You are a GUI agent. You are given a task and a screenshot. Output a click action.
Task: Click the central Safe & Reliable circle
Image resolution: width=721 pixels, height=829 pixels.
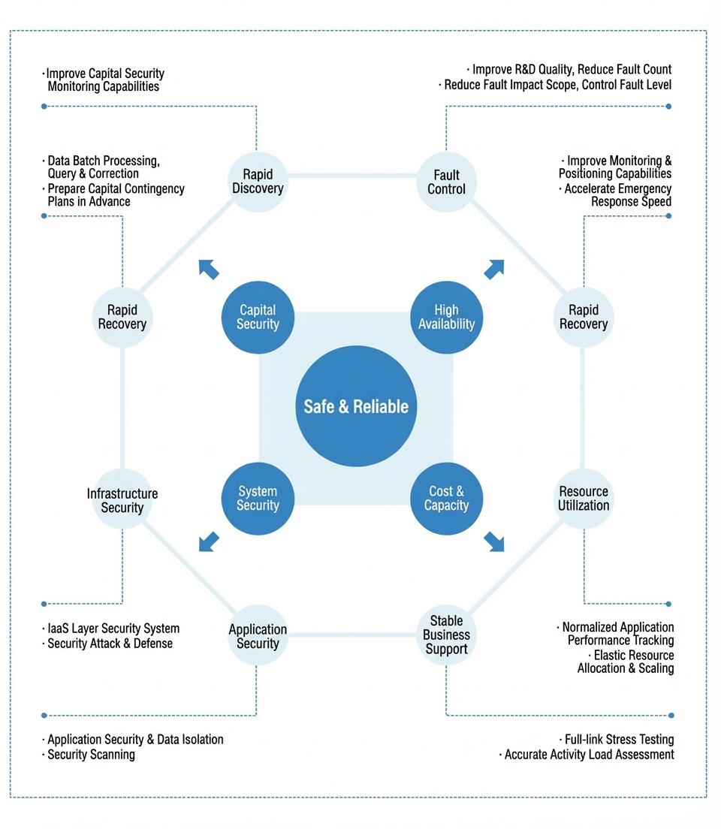356,406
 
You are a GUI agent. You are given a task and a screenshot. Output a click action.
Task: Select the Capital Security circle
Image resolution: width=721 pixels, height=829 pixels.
258,317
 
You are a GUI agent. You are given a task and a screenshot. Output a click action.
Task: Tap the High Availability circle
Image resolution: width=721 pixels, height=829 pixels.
446,317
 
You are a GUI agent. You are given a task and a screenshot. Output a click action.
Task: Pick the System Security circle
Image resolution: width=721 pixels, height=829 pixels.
258,499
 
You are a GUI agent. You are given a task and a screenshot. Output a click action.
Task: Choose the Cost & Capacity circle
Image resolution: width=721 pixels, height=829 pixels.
446,499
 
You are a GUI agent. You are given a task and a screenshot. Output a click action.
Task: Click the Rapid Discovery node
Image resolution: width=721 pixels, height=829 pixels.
258,182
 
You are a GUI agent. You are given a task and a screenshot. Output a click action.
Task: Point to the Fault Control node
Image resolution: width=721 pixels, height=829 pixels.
446,182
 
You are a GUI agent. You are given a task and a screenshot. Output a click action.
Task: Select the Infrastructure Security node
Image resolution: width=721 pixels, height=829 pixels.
122,499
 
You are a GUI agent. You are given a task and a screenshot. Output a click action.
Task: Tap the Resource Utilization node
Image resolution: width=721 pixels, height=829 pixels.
584,499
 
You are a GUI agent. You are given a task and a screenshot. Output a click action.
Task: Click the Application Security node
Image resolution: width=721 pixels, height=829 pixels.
258,635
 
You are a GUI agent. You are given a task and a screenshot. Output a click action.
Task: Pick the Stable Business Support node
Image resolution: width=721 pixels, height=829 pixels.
446,635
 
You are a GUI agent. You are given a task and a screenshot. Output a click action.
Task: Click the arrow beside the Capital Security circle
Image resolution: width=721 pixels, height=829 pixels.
209,269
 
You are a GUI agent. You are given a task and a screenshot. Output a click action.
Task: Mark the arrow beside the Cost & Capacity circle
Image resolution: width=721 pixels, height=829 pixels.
494,542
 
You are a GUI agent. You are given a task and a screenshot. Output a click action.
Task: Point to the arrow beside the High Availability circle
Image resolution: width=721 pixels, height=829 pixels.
494,269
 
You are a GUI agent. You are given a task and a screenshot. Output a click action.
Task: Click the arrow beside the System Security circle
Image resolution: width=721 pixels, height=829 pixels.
209,542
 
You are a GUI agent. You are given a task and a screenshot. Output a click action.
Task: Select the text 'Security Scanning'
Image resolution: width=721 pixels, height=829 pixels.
91,755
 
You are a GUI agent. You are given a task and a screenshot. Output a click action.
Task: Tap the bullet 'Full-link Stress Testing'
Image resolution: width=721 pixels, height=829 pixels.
617,739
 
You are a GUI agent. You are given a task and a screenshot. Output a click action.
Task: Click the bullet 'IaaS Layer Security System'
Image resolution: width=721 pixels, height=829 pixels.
110,628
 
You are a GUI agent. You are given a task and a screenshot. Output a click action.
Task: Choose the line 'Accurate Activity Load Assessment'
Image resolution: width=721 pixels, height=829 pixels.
587,755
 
